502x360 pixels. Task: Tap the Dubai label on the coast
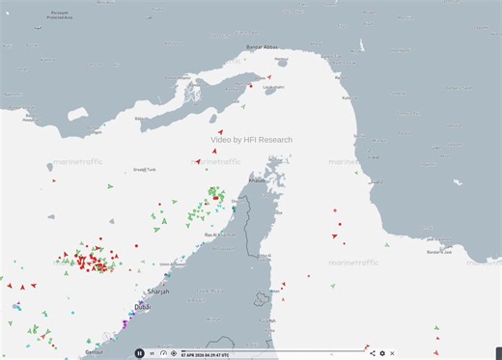click(x=142, y=307)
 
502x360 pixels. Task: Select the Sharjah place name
click(x=157, y=291)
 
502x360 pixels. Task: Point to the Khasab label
click(x=256, y=180)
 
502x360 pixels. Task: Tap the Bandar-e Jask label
click(x=439, y=252)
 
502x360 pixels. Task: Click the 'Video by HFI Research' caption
click(x=251, y=140)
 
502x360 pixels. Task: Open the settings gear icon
click(x=382, y=353)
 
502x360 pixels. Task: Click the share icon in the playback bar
click(x=372, y=353)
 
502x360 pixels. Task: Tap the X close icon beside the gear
click(x=393, y=353)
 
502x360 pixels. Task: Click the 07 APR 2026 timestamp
click(x=213, y=353)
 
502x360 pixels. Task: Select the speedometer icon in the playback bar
click(x=163, y=353)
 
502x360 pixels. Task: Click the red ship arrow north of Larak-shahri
click(x=269, y=76)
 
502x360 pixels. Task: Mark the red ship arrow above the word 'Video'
click(x=220, y=130)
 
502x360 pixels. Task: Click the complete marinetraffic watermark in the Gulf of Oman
click(x=355, y=263)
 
